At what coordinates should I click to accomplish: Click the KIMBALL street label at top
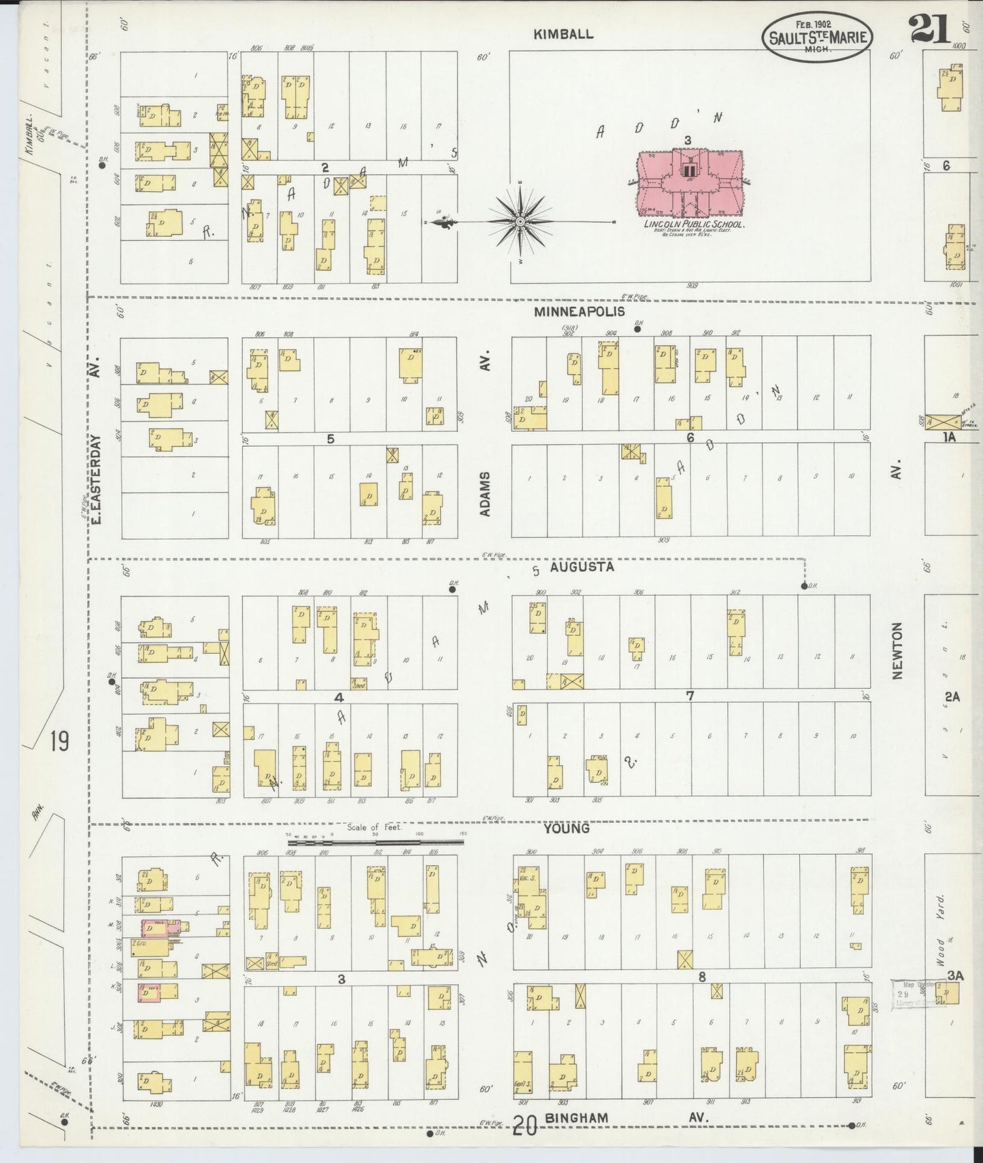point(563,34)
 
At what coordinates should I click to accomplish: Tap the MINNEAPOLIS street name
point(579,312)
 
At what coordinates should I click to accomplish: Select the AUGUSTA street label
point(582,567)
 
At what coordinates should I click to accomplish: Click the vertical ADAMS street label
point(485,494)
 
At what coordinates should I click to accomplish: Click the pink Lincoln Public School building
point(689,180)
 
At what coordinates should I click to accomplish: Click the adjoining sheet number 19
point(59,741)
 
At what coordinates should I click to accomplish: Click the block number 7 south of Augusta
point(690,695)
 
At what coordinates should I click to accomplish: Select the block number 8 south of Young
point(701,977)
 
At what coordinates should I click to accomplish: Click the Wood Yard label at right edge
point(941,930)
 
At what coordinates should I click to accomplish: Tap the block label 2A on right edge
point(951,696)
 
